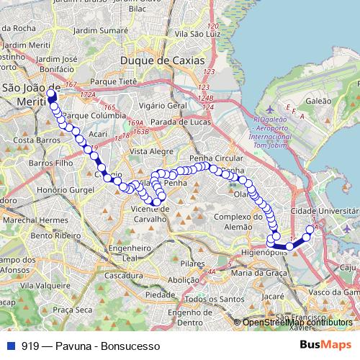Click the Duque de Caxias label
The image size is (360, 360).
tap(163, 60)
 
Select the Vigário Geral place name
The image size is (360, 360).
tap(163, 105)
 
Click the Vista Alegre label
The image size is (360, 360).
tap(150, 152)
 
